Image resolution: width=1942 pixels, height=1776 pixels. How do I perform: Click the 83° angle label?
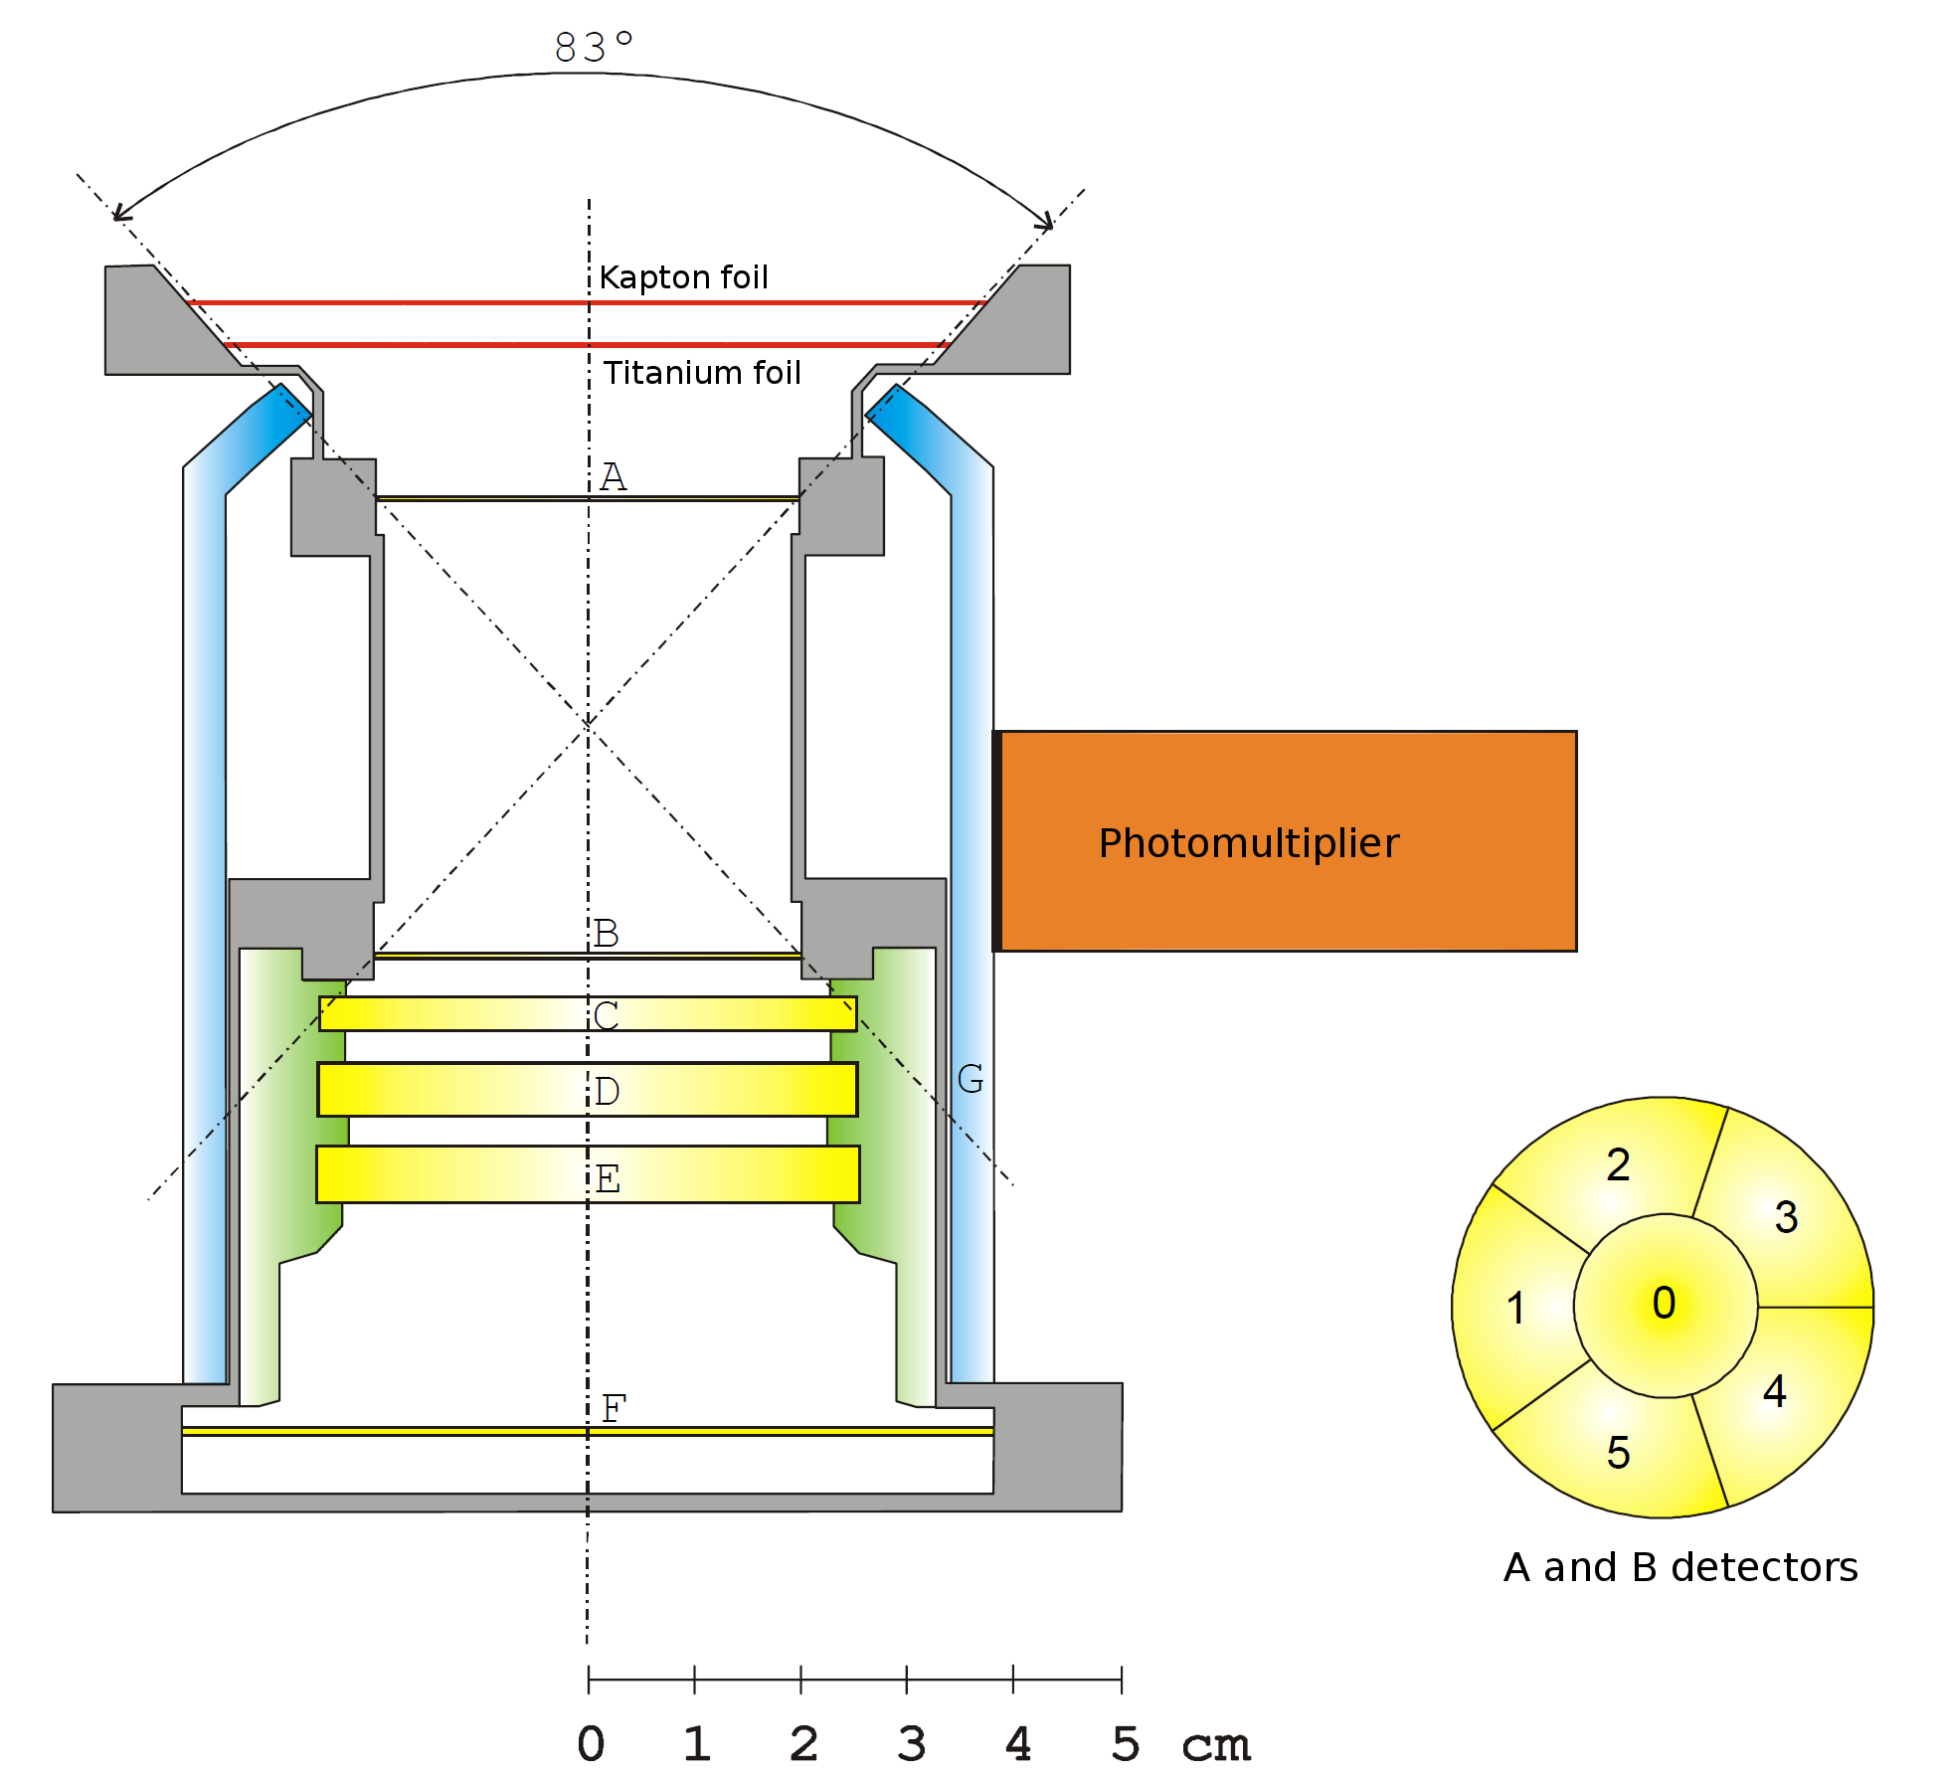coord(594,47)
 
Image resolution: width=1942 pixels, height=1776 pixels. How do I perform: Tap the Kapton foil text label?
coord(684,276)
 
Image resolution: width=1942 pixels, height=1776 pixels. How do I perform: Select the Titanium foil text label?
coord(702,372)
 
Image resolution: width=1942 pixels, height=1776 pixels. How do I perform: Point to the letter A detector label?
coord(613,476)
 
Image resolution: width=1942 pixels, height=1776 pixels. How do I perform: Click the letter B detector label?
coord(607,933)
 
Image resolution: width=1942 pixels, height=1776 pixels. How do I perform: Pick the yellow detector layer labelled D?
coord(587,1089)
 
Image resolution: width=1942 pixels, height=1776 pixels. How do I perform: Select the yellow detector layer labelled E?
coord(588,1174)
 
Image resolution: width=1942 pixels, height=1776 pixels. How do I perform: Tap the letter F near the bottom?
coord(614,1407)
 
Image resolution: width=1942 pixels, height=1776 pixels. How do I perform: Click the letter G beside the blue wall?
coord(970,1078)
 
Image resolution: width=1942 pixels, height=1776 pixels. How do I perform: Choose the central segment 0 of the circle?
coord(1666,1306)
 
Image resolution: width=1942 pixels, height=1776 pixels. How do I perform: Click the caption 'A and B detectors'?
coord(1680,1567)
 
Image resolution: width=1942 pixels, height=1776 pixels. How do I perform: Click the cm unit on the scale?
coord(1216,1746)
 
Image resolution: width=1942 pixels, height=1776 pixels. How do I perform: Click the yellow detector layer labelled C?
coord(588,1013)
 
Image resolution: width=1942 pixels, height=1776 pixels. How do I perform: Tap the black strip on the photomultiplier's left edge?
coord(996,841)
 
